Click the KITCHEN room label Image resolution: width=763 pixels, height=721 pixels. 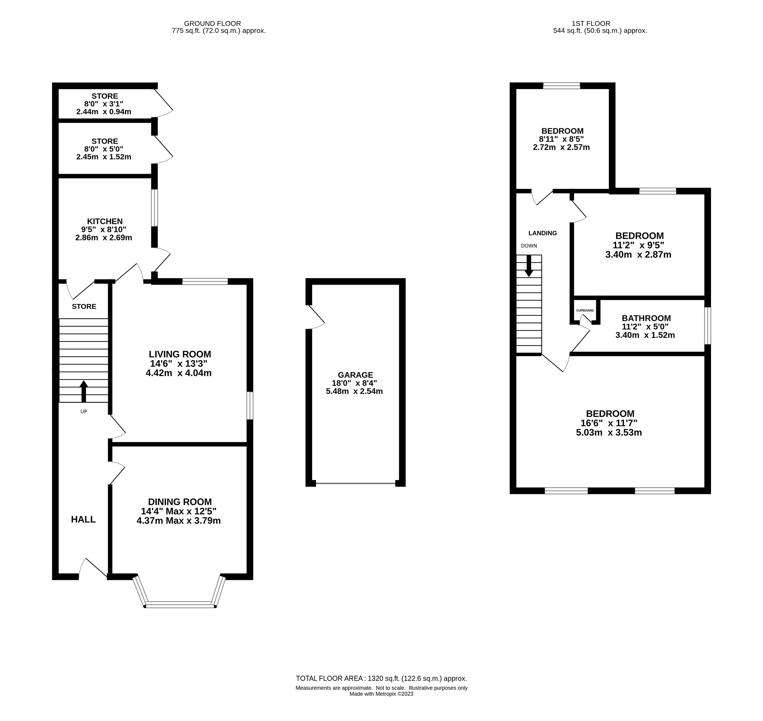105,221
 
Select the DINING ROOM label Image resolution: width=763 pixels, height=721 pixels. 180,502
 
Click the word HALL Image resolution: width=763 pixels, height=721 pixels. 83,520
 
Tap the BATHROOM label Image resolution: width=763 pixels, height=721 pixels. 646,318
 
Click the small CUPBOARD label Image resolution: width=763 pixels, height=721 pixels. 585,310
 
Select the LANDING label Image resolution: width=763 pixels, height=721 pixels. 543,233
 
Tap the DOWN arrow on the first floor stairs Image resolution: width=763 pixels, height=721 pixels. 529,266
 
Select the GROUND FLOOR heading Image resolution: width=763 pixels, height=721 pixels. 212,23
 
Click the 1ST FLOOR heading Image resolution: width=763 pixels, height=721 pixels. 591,23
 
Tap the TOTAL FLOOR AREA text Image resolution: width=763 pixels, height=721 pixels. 381,679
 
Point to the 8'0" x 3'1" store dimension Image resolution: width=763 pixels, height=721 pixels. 104,104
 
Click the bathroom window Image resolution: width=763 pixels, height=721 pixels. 708,325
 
